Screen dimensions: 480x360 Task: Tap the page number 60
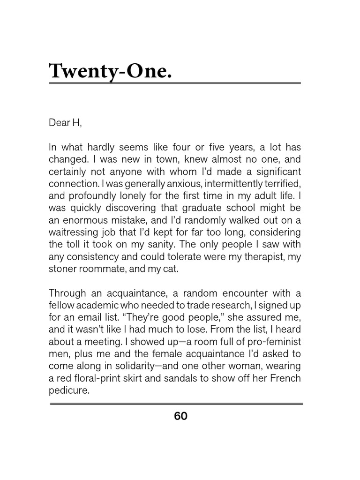pos(180,416)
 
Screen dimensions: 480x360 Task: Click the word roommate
pos(104,268)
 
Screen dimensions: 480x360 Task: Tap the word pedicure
pos(68,390)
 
